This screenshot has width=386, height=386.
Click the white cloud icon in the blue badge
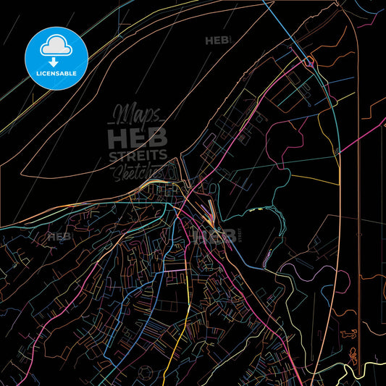tap(56, 44)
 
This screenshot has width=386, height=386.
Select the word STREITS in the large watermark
tap(138, 155)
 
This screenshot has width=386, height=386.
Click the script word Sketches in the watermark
tap(138, 171)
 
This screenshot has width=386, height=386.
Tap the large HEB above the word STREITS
tap(138, 137)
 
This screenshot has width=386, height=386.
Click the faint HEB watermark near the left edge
tap(59, 236)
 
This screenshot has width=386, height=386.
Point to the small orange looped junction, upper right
tap(309, 61)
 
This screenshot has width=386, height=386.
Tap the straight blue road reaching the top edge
tap(272, 14)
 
